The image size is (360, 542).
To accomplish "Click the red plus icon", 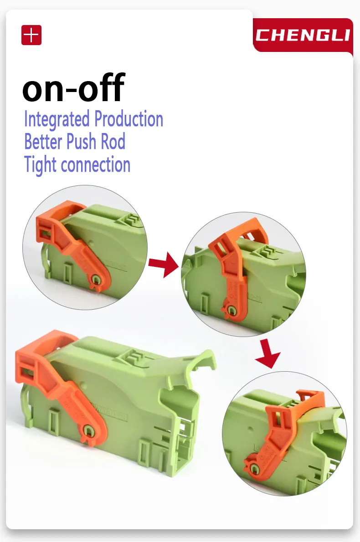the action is (31, 35).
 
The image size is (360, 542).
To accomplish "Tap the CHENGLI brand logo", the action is (303, 35).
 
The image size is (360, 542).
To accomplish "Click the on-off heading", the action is (73, 88).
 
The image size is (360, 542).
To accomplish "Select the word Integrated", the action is (57, 119).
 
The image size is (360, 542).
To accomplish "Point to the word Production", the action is (129, 118).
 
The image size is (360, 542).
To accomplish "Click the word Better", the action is (43, 141).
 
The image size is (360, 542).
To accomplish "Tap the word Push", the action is (81, 141).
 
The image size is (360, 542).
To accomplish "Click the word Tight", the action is (40, 165).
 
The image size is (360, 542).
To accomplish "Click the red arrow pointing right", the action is (164, 265).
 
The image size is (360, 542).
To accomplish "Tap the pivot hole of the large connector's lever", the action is (89, 431).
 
